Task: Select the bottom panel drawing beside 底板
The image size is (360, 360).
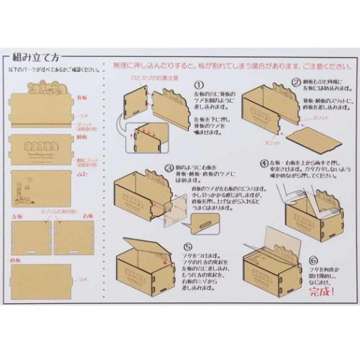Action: pos(42,277)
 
